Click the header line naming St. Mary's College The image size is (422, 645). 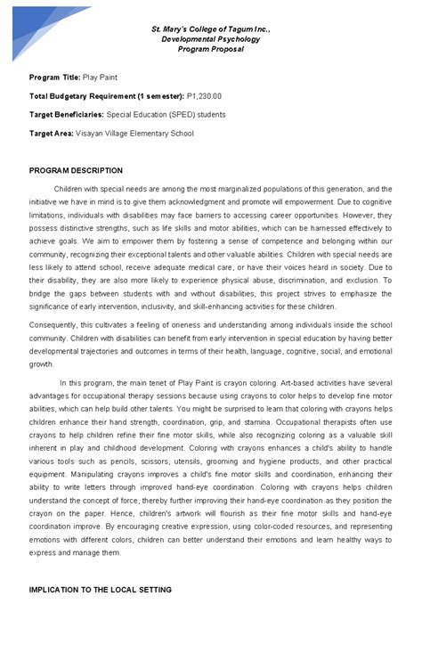210,30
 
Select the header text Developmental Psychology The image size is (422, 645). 210,40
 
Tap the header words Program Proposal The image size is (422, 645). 210,50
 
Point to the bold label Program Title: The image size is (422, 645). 54,78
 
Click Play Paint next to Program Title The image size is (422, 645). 101,78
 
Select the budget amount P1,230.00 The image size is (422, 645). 204,96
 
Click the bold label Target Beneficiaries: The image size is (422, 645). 67,115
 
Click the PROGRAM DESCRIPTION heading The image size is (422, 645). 76,170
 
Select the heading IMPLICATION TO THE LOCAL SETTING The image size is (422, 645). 100,590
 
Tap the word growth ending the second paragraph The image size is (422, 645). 41,364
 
